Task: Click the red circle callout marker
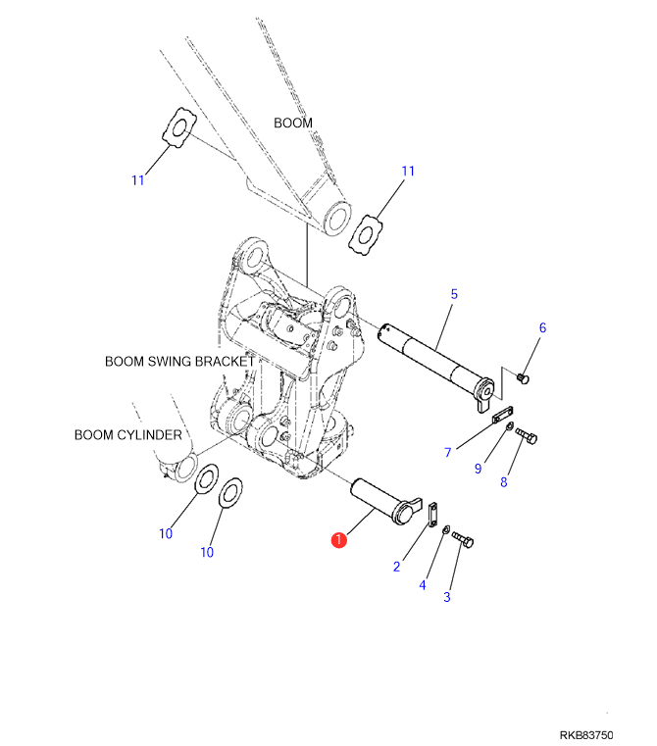[338, 539]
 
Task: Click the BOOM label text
[292, 124]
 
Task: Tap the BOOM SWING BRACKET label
[179, 362]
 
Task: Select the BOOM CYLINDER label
[127, 434]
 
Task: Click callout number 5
[454, 293]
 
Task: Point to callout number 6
[542, 328]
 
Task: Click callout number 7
[447, 452]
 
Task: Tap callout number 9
[478, 469]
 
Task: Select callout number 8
[505, 481]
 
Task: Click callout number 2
[396, 566]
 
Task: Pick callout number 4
[423, 585]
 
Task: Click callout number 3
[448, 596]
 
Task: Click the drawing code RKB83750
[586, 734]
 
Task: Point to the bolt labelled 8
[526, 434]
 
